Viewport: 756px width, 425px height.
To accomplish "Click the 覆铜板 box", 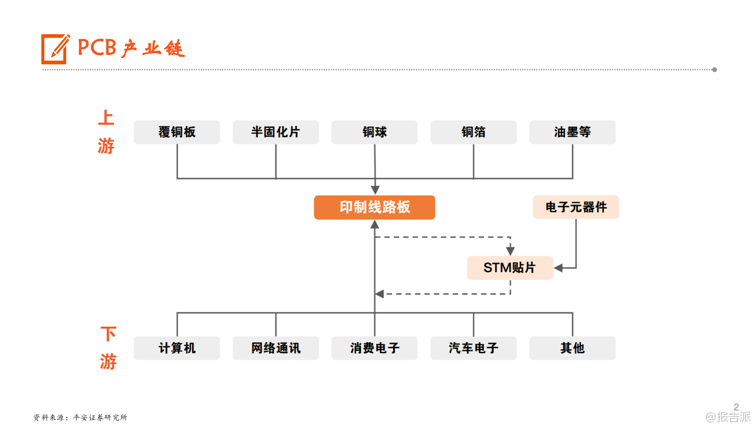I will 177,132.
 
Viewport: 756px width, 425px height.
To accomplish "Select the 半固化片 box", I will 275,132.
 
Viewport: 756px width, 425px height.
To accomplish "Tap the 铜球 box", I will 374,132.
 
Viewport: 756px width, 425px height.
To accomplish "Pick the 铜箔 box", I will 473,132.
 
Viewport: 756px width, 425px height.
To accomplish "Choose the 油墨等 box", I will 572,132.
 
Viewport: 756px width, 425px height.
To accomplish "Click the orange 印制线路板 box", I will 374,207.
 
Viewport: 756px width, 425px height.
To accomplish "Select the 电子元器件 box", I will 576,207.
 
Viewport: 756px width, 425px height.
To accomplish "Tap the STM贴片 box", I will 510,268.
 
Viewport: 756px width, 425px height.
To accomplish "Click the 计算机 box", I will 177,348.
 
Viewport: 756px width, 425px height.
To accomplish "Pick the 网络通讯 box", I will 275,348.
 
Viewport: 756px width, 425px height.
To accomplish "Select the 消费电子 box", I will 374,348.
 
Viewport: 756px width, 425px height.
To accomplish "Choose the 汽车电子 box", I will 473,348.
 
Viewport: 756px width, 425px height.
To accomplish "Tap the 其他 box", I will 572,348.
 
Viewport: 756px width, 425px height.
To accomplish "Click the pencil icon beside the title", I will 55,48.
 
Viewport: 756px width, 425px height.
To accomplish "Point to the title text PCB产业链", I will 131,48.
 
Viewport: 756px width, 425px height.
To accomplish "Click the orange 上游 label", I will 106,132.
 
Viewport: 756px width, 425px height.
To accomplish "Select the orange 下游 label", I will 108,348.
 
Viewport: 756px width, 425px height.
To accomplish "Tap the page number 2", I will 736,407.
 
